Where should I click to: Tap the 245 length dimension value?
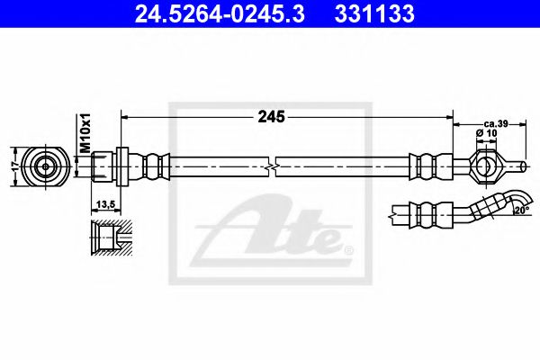[271, 116]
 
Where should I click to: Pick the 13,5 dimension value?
[106, 204]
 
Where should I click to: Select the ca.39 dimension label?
[497, 123]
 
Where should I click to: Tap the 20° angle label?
[522, 210]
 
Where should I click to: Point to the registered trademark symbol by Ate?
[348, 247]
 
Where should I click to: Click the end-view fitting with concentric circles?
[45, 166]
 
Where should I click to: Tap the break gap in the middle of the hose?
[273, 166]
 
